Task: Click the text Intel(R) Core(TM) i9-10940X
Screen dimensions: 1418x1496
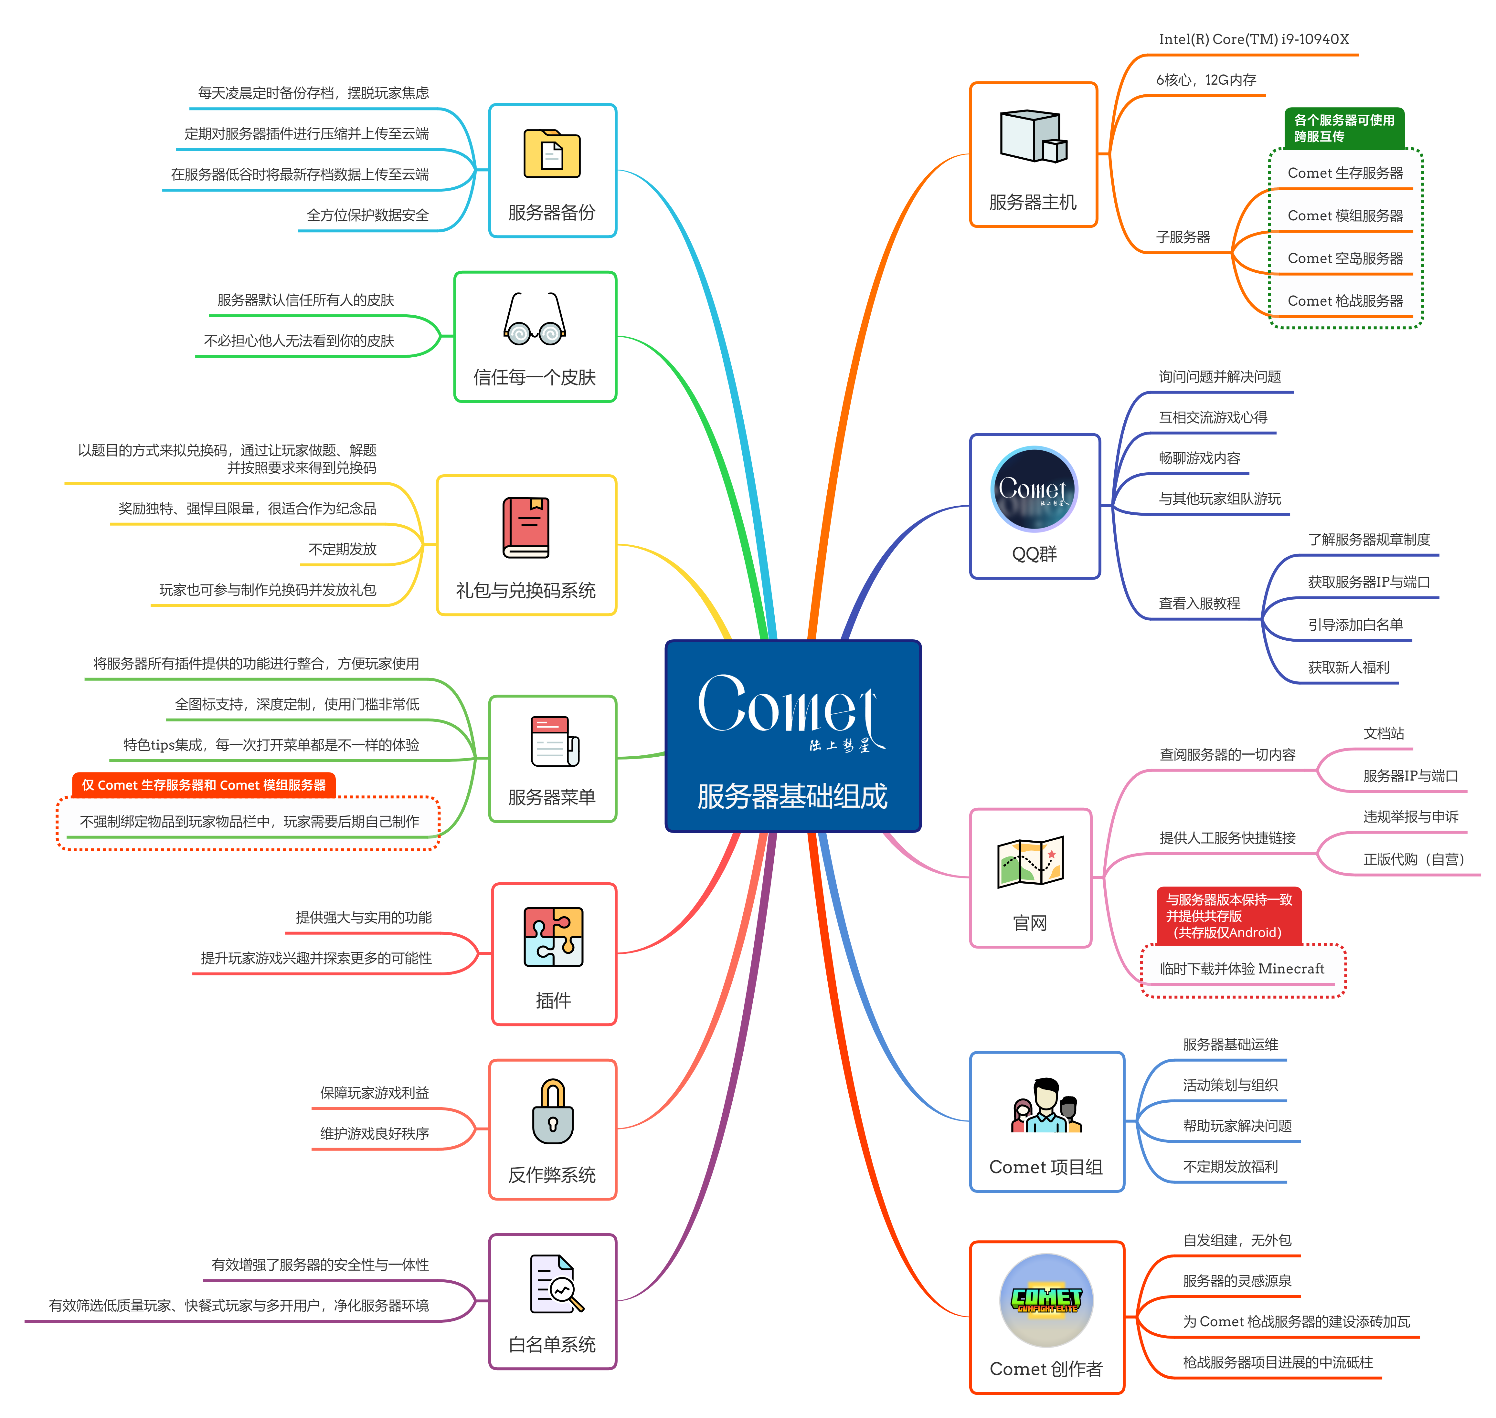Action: pyautogui.click(x=1253, y=39)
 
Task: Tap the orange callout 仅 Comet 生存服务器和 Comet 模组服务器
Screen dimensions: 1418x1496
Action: pyautogui.click(x=203, y=785)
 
